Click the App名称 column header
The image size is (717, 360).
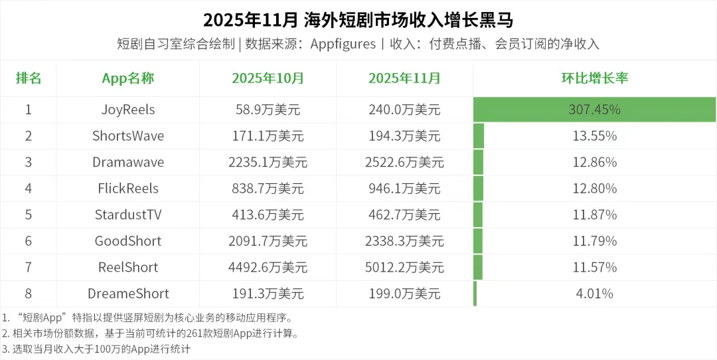click(128, 78)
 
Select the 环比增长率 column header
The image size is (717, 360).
click(595, 78)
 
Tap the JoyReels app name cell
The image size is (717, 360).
click(128, 110)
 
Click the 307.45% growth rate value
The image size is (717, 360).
click(595, 110)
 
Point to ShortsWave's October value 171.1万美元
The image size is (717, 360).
click(268, 136)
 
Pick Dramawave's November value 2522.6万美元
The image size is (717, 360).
click(404, 162)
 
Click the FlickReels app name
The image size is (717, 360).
click(128, 189)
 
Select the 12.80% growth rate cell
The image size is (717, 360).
click(595, 189)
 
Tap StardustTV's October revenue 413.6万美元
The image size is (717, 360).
click(268, 215)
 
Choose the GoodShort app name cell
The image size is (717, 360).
click(128, 241)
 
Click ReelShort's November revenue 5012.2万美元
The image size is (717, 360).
click(404, 267)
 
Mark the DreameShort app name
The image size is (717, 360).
click(128, 294)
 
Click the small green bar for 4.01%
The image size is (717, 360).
click(475, 294)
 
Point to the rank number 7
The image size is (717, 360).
click(29, 267)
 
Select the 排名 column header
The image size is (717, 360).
click(29, 78)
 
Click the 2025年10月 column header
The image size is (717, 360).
click(268, 78)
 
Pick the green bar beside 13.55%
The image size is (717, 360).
click(479, 136)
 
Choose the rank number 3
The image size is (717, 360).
click(29, 162)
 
